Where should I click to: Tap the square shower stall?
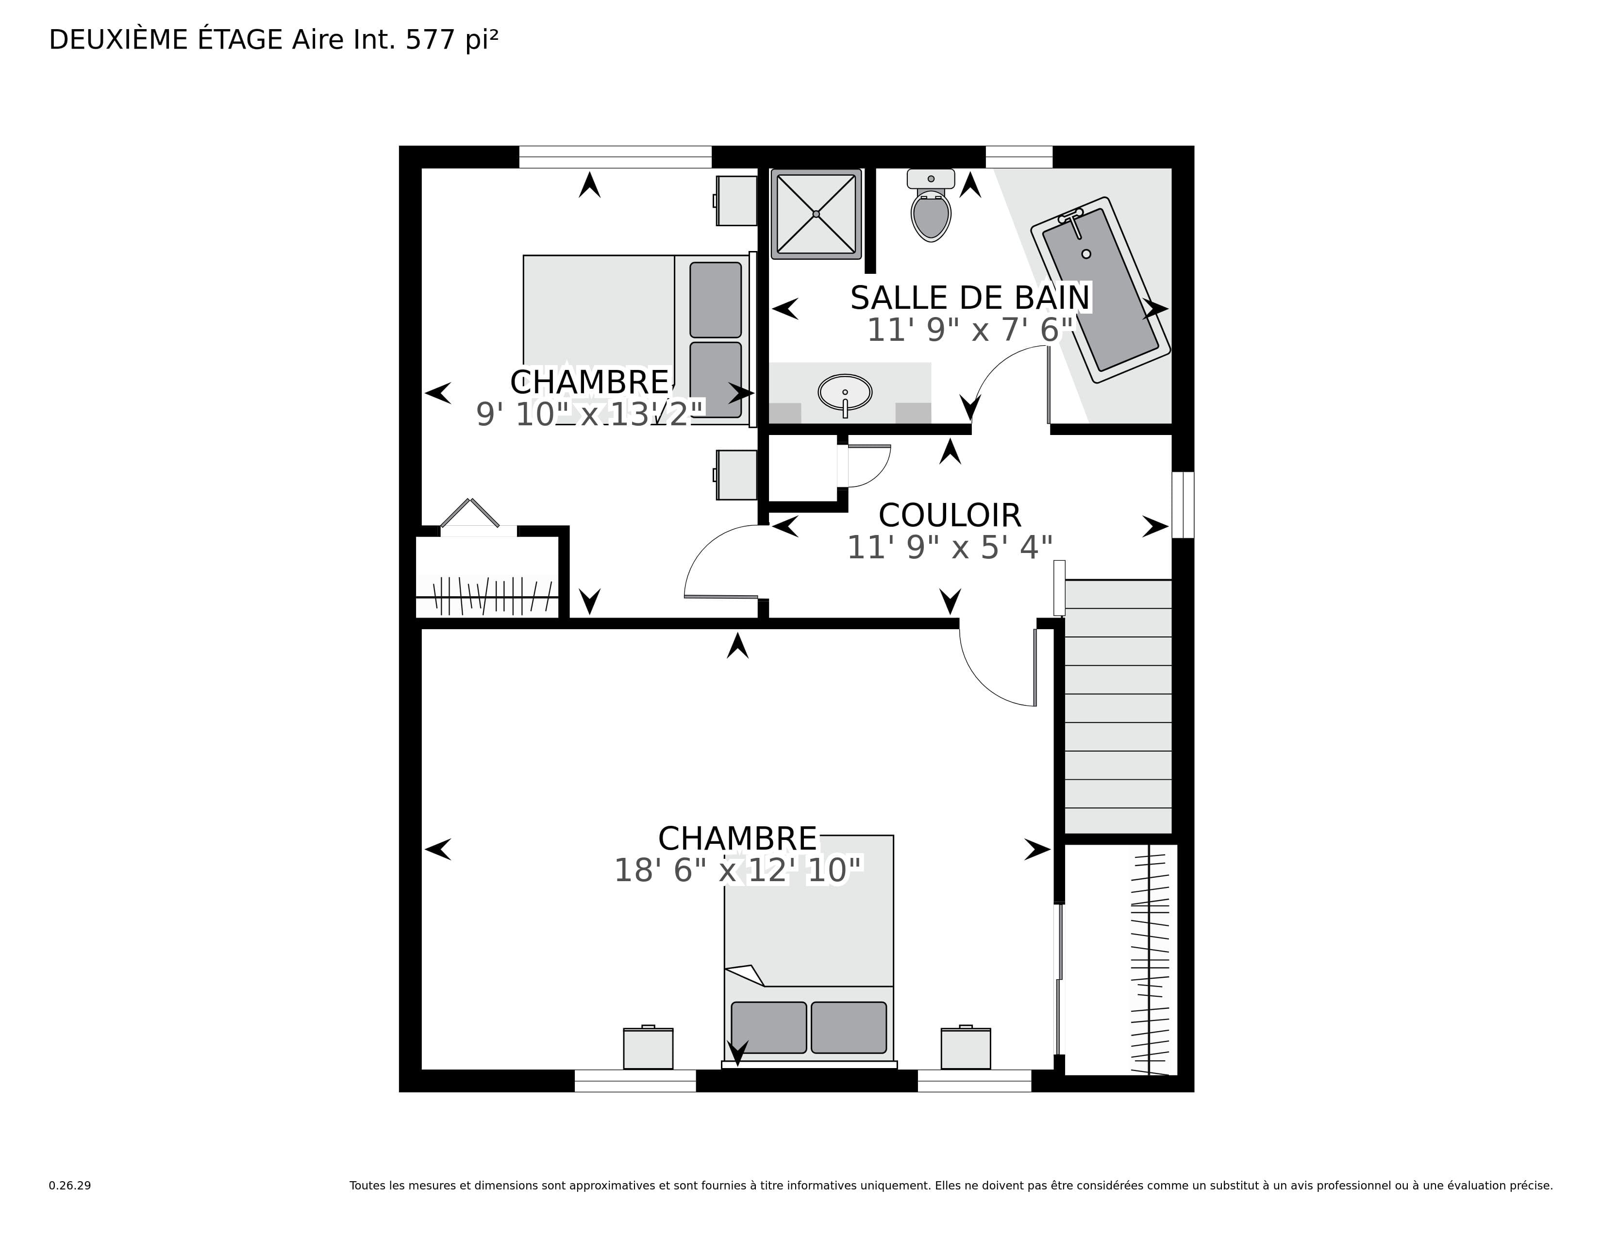(816, 214)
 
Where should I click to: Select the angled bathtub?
(1100, 289)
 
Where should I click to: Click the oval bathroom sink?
(845, 392)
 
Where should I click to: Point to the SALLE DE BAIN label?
(970, 298)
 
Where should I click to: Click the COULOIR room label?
(950, 516)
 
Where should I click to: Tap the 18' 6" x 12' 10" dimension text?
(737, 870)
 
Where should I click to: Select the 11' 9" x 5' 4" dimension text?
(950, 548)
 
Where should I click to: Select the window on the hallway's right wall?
(1183, 504)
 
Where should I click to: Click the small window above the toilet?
(1019, 157)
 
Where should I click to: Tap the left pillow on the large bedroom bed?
(769, 1027)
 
